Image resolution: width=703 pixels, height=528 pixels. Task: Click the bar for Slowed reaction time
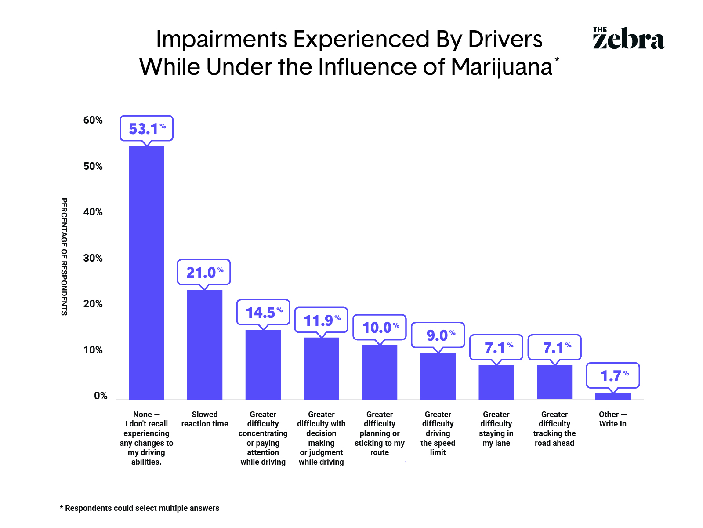click(x=204, y=345)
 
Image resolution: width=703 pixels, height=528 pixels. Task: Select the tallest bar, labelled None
click(x=146, y=273)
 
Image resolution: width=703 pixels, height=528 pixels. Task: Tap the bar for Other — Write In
click(x=612, y=396)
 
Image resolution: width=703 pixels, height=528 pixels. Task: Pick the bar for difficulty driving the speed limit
click(x=438, y=376)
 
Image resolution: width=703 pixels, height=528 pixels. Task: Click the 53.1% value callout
click(x=146, y=128)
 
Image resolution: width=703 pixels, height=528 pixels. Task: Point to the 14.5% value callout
click(x=263, y=312)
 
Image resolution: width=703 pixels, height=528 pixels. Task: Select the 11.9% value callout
click(x=321, y=320)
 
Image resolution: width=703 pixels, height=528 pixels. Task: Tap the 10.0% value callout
click(x=380, y=327)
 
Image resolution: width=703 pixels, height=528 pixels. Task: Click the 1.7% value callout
click(x=613, y=375)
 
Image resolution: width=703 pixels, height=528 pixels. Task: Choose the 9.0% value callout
click(x=438, y=335)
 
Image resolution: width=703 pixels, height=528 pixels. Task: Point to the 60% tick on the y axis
click(x=93, y=120)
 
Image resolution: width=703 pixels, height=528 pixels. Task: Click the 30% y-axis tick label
click(x=93, y=258)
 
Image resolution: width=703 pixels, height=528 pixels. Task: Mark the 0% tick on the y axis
click(x=101, y=396)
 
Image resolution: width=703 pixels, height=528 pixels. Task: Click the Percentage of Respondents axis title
click(x=64, y=256)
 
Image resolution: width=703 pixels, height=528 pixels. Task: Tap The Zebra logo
click(x=628, y=38)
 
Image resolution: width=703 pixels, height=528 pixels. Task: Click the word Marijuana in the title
click(x=501, y=67)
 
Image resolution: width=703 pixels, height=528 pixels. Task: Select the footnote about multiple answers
click(x=139, y=508)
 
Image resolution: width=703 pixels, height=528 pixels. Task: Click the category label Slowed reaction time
click(x=205, y=419)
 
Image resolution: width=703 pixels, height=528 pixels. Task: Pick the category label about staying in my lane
click(x=496, y=429)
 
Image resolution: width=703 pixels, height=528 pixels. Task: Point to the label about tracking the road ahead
click(x=554, y=429)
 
